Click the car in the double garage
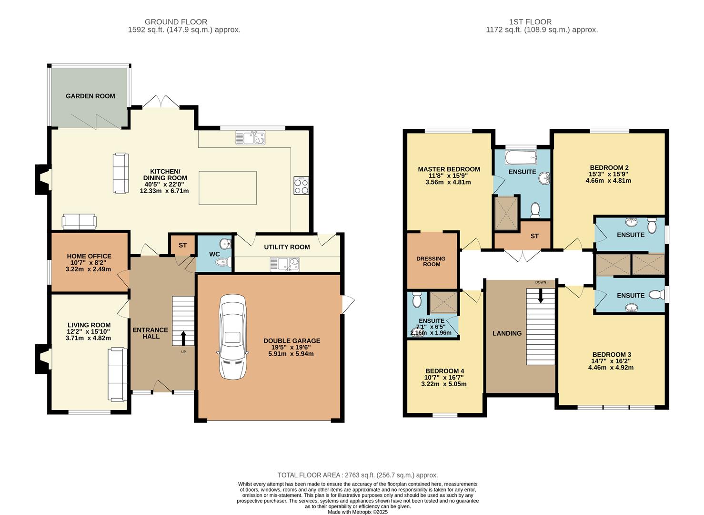coord(232,337)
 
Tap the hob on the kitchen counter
coord(302,185)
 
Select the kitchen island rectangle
coord(227,187)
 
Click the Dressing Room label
coord(431,261)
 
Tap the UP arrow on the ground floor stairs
coord(183,338)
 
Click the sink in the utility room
coord(284,263)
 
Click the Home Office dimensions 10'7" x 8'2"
coord(89,263)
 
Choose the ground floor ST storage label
coord(183,245)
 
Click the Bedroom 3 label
coord(611,354)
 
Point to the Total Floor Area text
coord(358,475)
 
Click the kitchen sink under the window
coord(250,138)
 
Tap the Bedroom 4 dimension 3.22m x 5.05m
coord(444,384)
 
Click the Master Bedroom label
coord(449,169)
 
